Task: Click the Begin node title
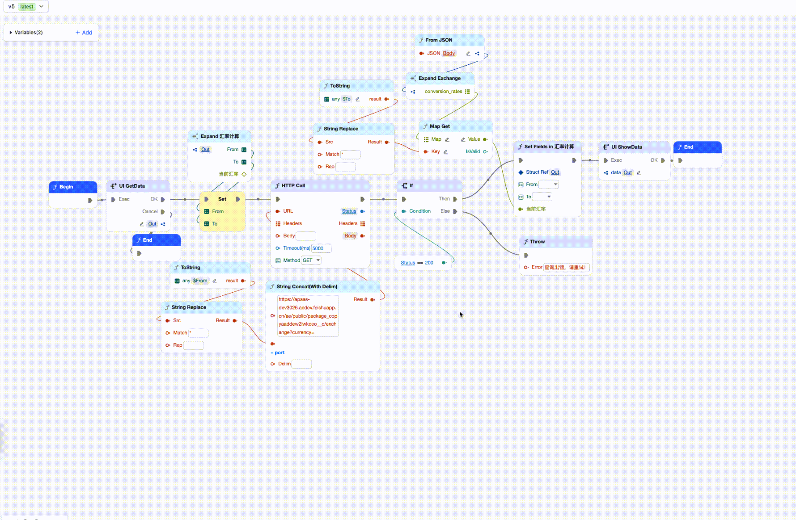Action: [x=66, y=187]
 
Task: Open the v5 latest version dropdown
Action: [x=26, y=6]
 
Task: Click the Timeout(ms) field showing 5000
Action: [x=321, y=248]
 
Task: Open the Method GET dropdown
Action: [x=311, y=260]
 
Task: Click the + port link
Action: [x=277, y=352]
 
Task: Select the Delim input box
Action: [x=301, y=364]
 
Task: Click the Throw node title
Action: [x=537, y=242]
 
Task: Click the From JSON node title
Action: [x=439, y=40]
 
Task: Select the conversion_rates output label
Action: [x=443, y=92]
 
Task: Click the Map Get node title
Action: [x=440, y=126]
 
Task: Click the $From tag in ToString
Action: [x=200, y=281]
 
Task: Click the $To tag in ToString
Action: [x=347, y=99]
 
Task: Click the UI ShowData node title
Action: [x=627, y=147]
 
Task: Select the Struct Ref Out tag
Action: [x=555, y=172]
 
